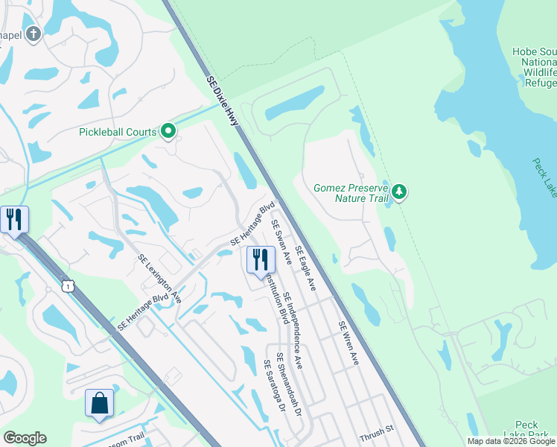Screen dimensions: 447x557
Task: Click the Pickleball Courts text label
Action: (x=118, y=133)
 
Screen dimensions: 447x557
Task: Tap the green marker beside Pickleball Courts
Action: (x=168, y=132)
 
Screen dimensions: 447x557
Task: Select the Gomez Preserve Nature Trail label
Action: (x=351, y=193)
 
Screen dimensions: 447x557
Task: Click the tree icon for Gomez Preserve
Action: (x=400, y=192)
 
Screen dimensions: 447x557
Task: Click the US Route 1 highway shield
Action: (x=69, y=285)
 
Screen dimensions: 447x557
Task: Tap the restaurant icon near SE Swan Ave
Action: (x=260, y=260)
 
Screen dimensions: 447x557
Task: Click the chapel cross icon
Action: (x=33, y=34)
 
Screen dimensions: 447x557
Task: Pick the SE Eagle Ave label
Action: (x=305, y=268)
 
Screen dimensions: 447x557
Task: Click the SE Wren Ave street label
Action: (x=348, y=343)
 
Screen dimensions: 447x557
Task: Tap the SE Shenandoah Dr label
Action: (x=288, y=384)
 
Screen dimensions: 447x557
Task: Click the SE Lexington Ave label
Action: (x=159, y=279)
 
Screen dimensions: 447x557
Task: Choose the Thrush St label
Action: (x=375, y=432)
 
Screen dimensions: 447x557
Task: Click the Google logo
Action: (x=25, y=438)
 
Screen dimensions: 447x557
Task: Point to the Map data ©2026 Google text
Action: (x=511, y=441)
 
